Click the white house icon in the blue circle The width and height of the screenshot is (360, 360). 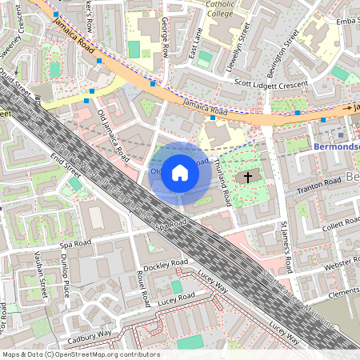(x=180, y=173)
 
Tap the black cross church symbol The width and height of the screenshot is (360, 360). (x=248, y=177)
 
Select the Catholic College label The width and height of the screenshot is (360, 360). (x=220, y=8)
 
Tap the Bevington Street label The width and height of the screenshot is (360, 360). (x=293, y=47)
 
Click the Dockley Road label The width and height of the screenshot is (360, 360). (x=166, y=265)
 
